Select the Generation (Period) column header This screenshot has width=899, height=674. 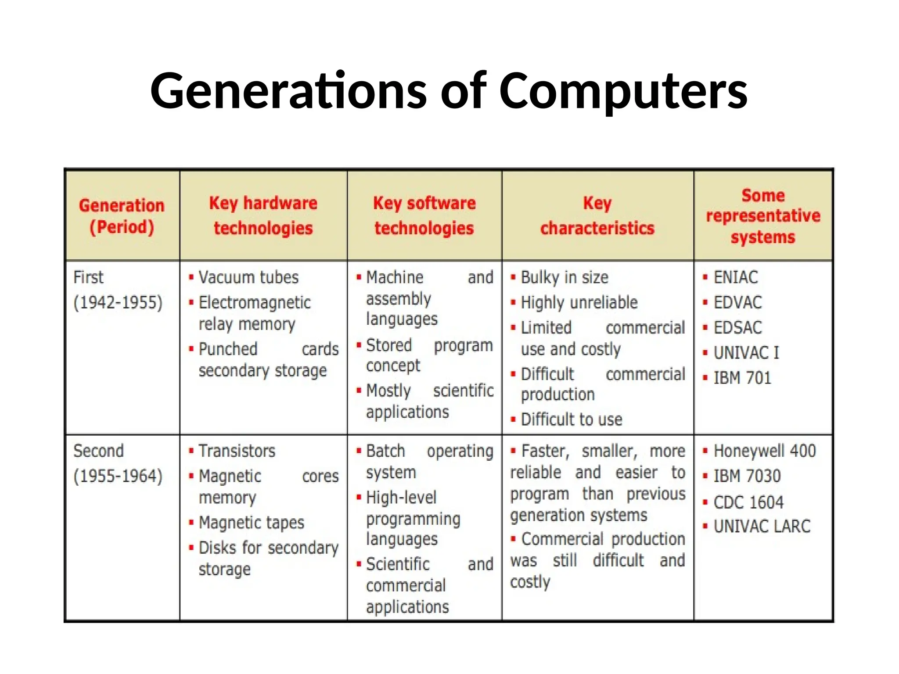coord(122,216)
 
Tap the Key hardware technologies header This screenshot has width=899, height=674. coord(263,215)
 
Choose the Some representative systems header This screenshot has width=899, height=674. coord(763,216)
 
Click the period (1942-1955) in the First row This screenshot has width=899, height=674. coord(118,303)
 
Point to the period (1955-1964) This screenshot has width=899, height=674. coord(118,476)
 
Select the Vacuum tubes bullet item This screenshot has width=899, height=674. coord(248,277)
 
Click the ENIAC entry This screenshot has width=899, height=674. coord(736,277)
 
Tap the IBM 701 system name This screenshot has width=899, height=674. coord(742,378)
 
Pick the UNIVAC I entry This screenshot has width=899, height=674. coord(746,353)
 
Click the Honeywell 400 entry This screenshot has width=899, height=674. coord(765,451)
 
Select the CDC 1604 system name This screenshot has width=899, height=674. coord(748,502)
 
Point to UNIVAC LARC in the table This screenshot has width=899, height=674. coord(762,527)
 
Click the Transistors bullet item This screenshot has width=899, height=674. coord(237,451)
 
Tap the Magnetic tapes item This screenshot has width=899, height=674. coord(251,523)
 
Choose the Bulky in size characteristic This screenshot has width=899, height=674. coord(565,278)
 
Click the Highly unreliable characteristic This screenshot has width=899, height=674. coord(579,303)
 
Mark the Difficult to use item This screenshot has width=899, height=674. coord(572,420)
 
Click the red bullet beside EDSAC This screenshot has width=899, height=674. coord(705,328)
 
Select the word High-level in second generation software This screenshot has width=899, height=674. coord(401,498)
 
